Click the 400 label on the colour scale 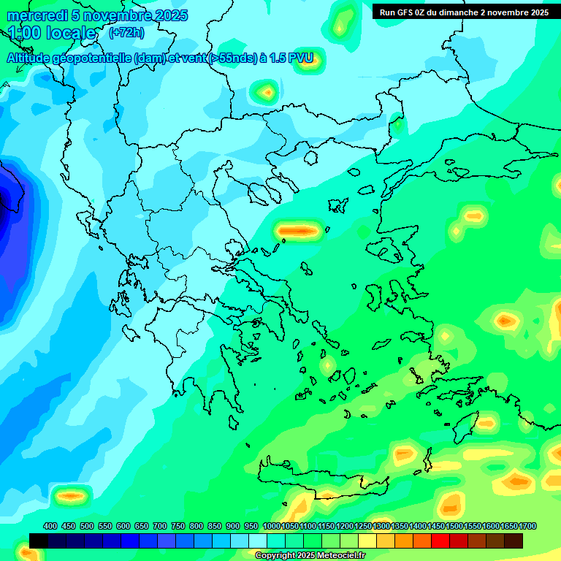pos(50,527)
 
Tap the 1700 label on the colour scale pos(527,527)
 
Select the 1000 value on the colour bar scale pos(272,527)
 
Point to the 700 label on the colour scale pos(160,527)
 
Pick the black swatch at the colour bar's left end pos(39,541)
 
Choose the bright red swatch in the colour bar pos(440,541)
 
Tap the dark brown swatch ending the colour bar pos(514,541)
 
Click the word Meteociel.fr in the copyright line pos(335,556)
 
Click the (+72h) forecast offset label pos(126,33)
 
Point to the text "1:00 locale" pos(53,33)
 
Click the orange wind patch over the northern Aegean pos(299,231)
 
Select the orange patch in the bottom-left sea pos(71,496)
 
